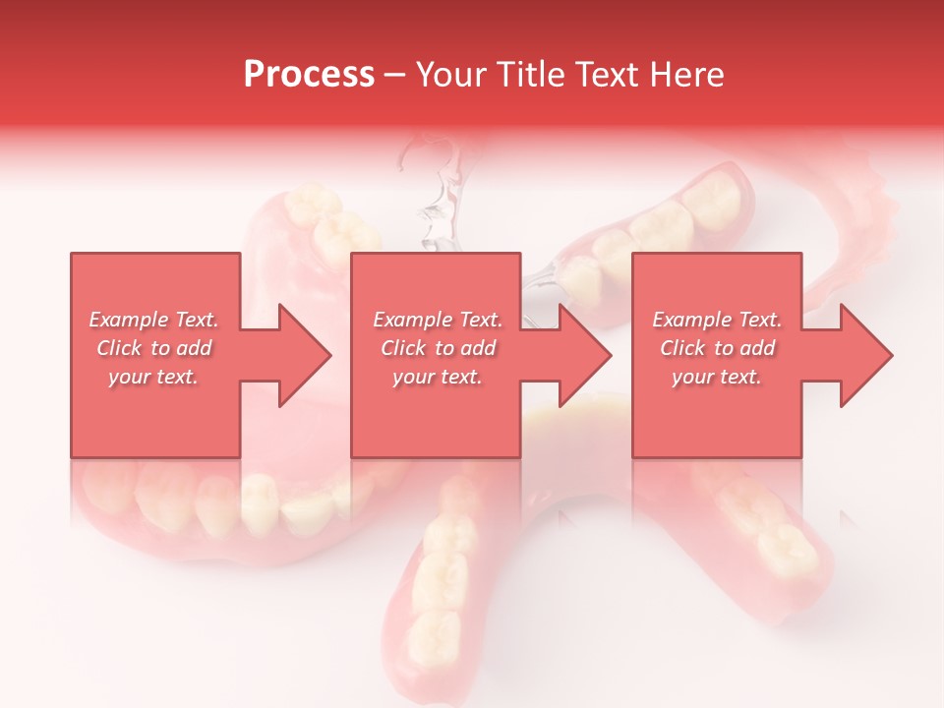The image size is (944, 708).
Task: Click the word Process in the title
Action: click(x=309, y=75)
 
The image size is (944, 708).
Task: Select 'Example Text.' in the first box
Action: click(x=154, y=320)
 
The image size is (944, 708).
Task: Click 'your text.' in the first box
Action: click(x=154, y=377)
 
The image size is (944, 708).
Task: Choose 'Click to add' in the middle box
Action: click(x=438, y=348)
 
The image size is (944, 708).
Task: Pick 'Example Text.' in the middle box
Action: click(x=438, y=320)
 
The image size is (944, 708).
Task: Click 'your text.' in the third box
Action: click(x=717, y=377)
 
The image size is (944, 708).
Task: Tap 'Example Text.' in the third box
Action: click(x=717, y=320)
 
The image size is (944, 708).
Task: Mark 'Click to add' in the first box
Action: click(x=154, y=348)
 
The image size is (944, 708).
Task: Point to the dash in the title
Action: click(x=395, y=75)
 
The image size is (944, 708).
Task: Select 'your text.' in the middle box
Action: click(x=438, y=377)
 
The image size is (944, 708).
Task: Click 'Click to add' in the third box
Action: click(x=717, y=348)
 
